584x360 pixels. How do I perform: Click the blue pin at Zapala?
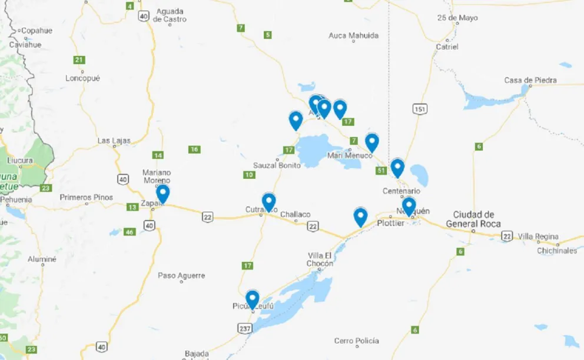point(162,193)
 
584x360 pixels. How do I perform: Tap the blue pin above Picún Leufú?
point(253,299)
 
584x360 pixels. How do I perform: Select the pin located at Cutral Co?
point(268,201)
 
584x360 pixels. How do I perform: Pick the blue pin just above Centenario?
point(397,167)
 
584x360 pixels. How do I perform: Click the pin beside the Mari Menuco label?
point(371,142)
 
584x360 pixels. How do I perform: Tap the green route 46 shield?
point(130,232)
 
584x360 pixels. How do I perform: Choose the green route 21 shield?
point(79,59)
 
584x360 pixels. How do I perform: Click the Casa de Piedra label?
point(530,81)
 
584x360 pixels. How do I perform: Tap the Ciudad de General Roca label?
point(473,219)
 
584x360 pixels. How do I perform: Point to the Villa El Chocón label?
point(320,259)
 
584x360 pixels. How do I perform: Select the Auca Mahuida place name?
point(353,36)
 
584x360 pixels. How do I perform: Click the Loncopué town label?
point(83,78)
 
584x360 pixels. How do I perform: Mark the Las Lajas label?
point(114,141)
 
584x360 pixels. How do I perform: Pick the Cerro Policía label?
point(356,341)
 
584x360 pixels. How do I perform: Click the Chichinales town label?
point(557,251)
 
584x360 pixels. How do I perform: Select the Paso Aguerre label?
point(181,275)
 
